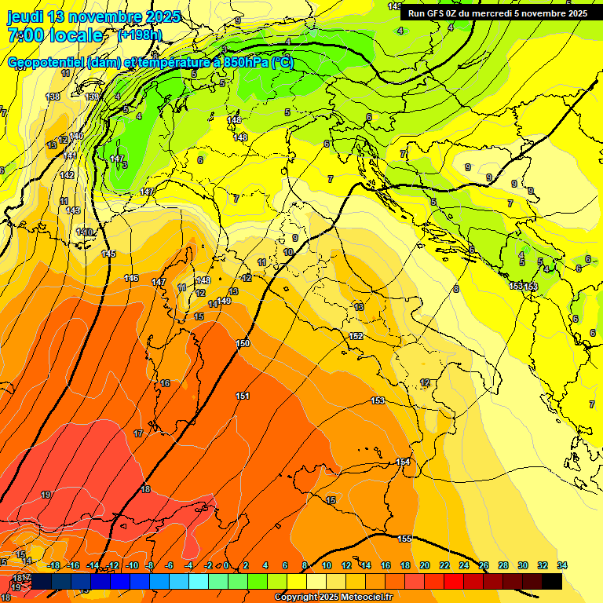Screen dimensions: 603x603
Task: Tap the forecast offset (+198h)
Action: click(x=140, y=35)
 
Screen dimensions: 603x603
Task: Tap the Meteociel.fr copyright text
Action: click(x=333, y=597)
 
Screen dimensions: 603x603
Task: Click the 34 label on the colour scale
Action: click(x=561, y=565)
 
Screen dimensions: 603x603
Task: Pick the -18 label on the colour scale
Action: click(x=53, y=565)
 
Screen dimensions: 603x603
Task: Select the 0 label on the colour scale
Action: click(x=226, y=565)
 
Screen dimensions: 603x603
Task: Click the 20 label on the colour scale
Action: click(x=425, y=565)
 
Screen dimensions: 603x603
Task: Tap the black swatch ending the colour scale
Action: click(x=551, y=581)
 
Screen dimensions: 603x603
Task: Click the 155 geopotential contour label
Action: click(x=404, y=539)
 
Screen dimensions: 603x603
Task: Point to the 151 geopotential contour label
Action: click(x=243, y=396)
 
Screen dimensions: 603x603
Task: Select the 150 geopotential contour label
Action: click(x=243, y=343)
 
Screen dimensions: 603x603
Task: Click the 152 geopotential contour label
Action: click(x=356, y=336)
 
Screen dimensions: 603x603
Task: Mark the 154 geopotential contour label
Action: click(x=403, y=462)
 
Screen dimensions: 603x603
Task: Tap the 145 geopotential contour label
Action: click(x=108, y=254)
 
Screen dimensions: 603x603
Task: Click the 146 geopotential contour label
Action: click(x=131, y=279)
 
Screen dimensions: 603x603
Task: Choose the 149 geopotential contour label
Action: click(x=225, y=301)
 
